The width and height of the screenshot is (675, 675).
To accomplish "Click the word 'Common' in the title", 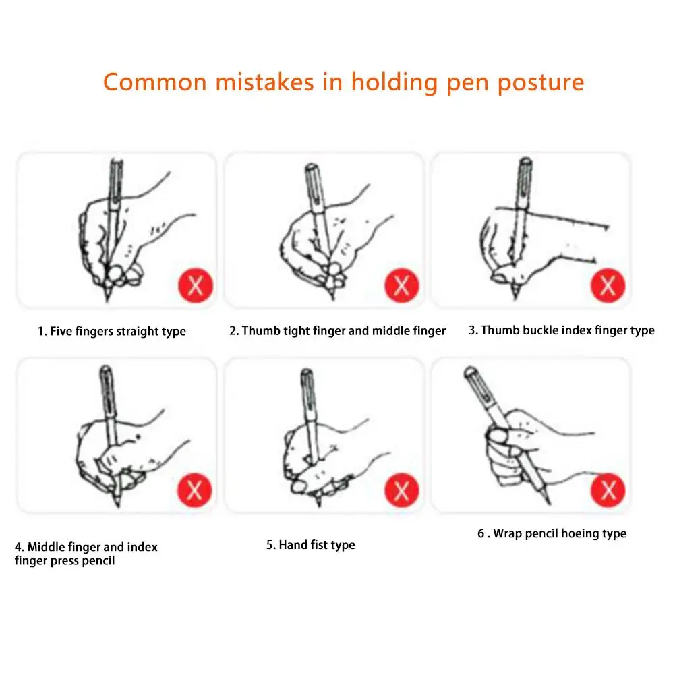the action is click(x=155, y=82).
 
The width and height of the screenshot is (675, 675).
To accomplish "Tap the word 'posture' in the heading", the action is click(x=541, y=83).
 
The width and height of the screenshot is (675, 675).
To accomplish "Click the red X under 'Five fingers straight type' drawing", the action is click(x=196, y=285).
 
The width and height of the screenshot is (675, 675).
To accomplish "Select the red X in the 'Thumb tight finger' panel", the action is click(x=402, y=285).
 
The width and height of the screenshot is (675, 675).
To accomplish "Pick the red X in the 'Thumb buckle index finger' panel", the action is click(x=608, y=285).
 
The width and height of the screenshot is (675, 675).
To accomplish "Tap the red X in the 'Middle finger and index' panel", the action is click(x=195, y=490).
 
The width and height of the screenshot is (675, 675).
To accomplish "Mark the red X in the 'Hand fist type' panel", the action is click(x=402, y=490).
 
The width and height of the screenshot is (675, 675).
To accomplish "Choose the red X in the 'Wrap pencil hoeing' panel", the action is click(x=608, y=490).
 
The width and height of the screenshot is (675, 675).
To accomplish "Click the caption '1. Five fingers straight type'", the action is click(x=112, y=332).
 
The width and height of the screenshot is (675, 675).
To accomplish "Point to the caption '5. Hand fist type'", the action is click(x=311, y=545).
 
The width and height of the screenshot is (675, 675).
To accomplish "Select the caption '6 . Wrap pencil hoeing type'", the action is click(x=552, y=534).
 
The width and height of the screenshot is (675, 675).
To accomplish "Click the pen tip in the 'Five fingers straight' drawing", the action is click(x=107, y=298).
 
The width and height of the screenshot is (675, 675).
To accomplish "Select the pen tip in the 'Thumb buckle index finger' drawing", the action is click(x=515, y=295).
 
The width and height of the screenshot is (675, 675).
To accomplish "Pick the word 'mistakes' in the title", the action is click(x=265, y=82).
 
